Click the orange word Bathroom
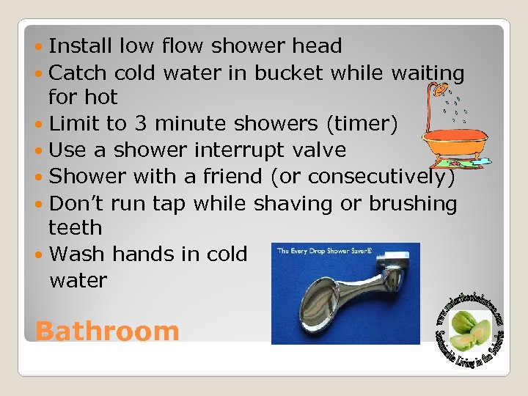pos(107,331)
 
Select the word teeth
pos(76,228)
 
